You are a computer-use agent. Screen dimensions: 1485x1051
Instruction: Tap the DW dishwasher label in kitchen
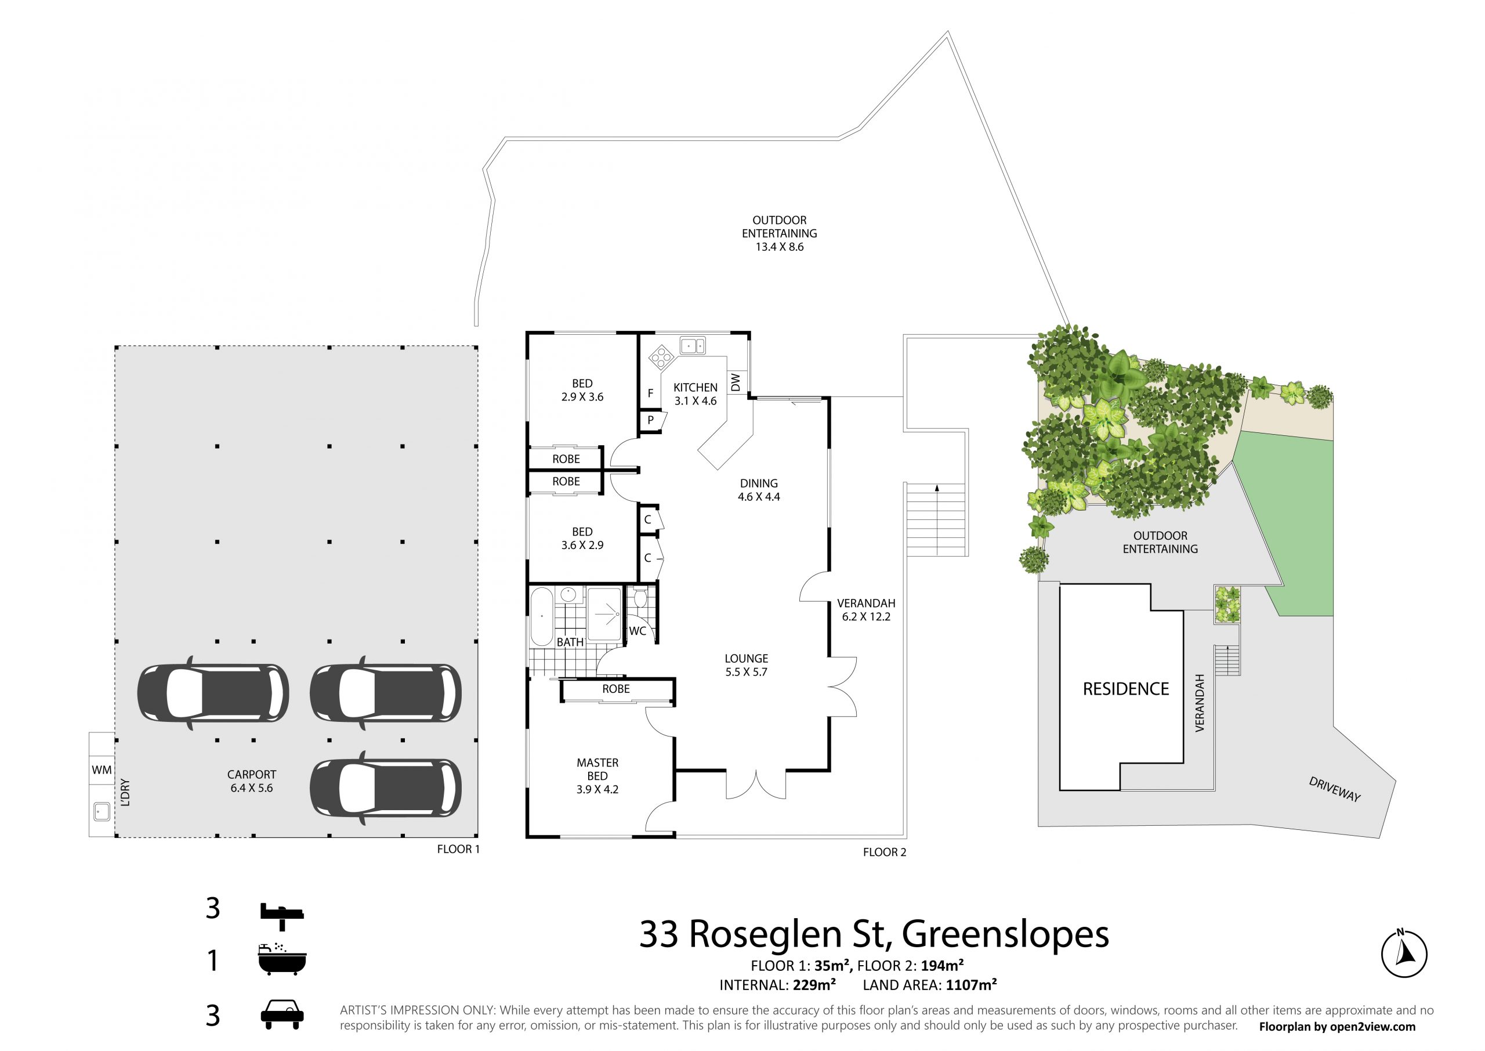736,382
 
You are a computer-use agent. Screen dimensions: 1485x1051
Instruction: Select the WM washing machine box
102,770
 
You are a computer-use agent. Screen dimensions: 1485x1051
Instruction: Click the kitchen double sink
693,345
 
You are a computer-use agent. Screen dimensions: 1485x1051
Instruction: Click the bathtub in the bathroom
541,617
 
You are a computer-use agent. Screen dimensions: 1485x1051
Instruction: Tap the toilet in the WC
640,597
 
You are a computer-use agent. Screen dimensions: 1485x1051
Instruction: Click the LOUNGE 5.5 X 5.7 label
747,665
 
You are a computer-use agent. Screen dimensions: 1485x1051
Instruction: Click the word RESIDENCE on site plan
1126,689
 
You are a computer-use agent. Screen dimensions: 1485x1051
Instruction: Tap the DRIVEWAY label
1335,789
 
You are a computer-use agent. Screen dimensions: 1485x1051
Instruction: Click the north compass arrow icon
1404,954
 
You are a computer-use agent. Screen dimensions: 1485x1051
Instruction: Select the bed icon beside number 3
282,916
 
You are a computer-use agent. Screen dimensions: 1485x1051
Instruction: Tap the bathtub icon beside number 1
282,959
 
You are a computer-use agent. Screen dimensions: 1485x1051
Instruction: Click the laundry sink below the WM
102,811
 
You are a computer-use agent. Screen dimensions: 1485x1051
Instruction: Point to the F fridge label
651,393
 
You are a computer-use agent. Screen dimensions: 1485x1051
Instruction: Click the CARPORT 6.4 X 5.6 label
252,781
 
